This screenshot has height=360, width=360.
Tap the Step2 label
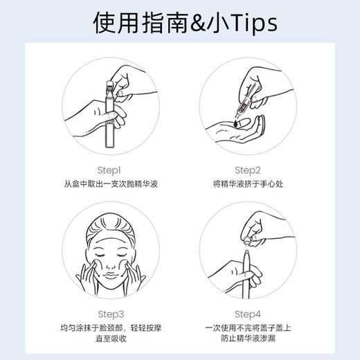click(x=247, y=170)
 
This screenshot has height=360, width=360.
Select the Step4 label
click(x=247, y=313)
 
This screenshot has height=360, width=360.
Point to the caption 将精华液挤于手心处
click(x=247, y=185)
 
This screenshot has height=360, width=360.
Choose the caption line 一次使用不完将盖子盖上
click(x=247, y=328)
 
